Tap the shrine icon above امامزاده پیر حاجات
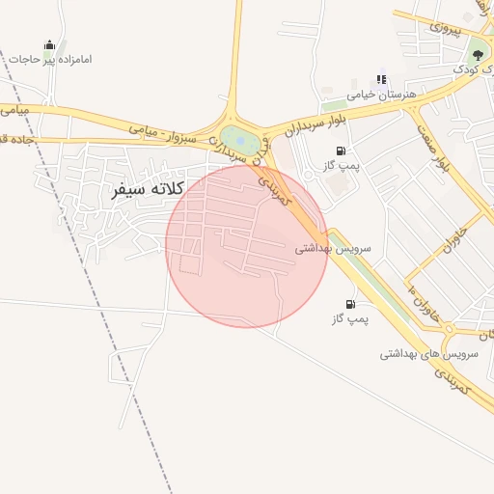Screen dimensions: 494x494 [49, 44]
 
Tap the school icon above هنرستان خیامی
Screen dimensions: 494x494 [382, 79]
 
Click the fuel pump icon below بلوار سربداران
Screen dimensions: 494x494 [341, 151]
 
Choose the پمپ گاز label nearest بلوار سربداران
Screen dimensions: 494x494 [341, 166]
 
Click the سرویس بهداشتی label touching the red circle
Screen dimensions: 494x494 [326, 248]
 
